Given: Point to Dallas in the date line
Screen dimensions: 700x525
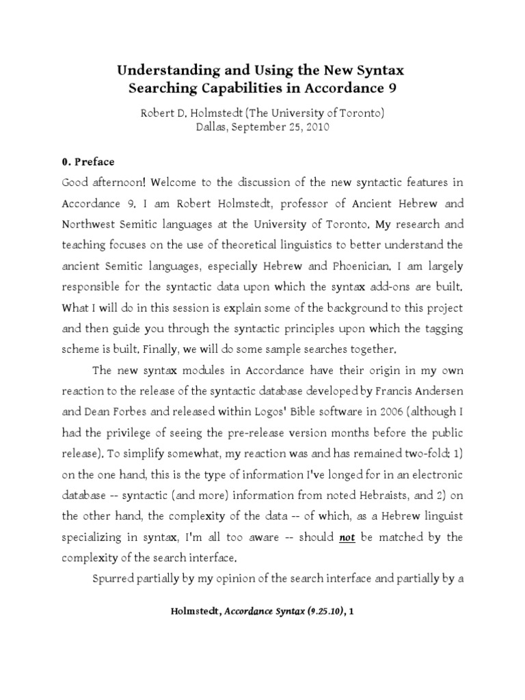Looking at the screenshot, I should pos(213,127).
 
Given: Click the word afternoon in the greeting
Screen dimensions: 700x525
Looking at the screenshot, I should pos(118,183).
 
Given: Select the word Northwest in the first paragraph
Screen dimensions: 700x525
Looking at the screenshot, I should pos(89,224).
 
